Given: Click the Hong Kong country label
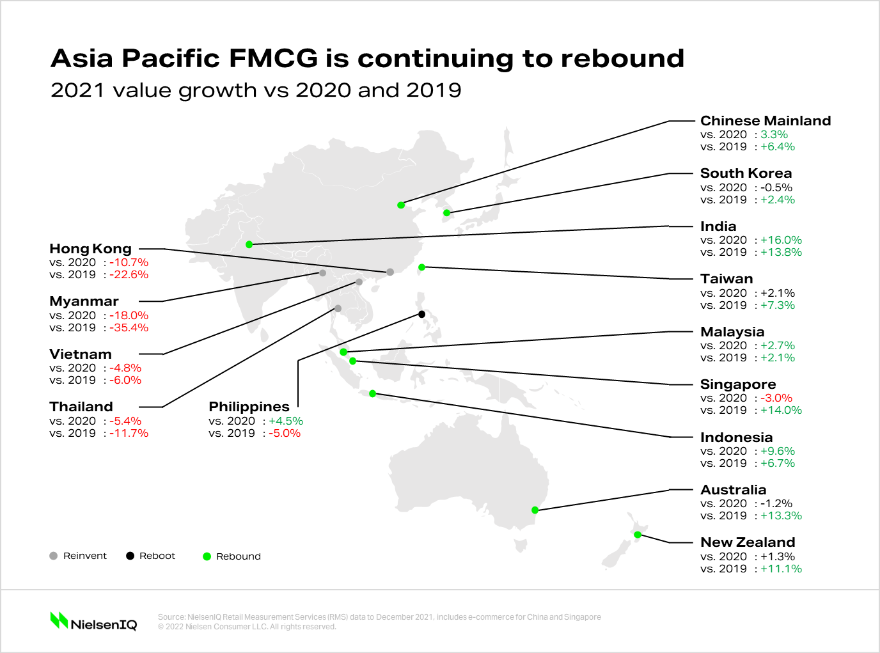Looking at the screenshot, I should tap(90, 249).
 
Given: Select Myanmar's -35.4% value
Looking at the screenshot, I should tap(129, 327).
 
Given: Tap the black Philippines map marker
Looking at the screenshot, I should tap(421, 314).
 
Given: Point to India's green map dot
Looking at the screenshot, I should tap(249, 244).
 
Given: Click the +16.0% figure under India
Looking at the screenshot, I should tap(781, 240).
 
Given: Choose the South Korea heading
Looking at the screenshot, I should tap(746, 173).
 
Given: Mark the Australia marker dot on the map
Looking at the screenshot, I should tap(535, 510).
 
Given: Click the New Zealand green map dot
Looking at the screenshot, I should tap(638, 535).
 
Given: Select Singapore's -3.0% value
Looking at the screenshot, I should tap(776, 398).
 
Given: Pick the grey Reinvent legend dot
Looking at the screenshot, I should tap(54, 556).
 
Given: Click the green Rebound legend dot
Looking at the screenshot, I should tap(207, 556).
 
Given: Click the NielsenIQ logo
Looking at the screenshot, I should tap(93, 621).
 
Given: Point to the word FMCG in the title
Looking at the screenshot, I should tap(273, 58).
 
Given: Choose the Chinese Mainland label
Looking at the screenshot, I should tap(766, 121).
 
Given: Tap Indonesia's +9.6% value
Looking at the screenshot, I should tap(777, 451).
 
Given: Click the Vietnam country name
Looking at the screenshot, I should tap(81, 354).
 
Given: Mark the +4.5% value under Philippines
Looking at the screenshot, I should tap(285, 421).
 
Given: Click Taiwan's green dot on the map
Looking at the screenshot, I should tap(421, 267).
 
